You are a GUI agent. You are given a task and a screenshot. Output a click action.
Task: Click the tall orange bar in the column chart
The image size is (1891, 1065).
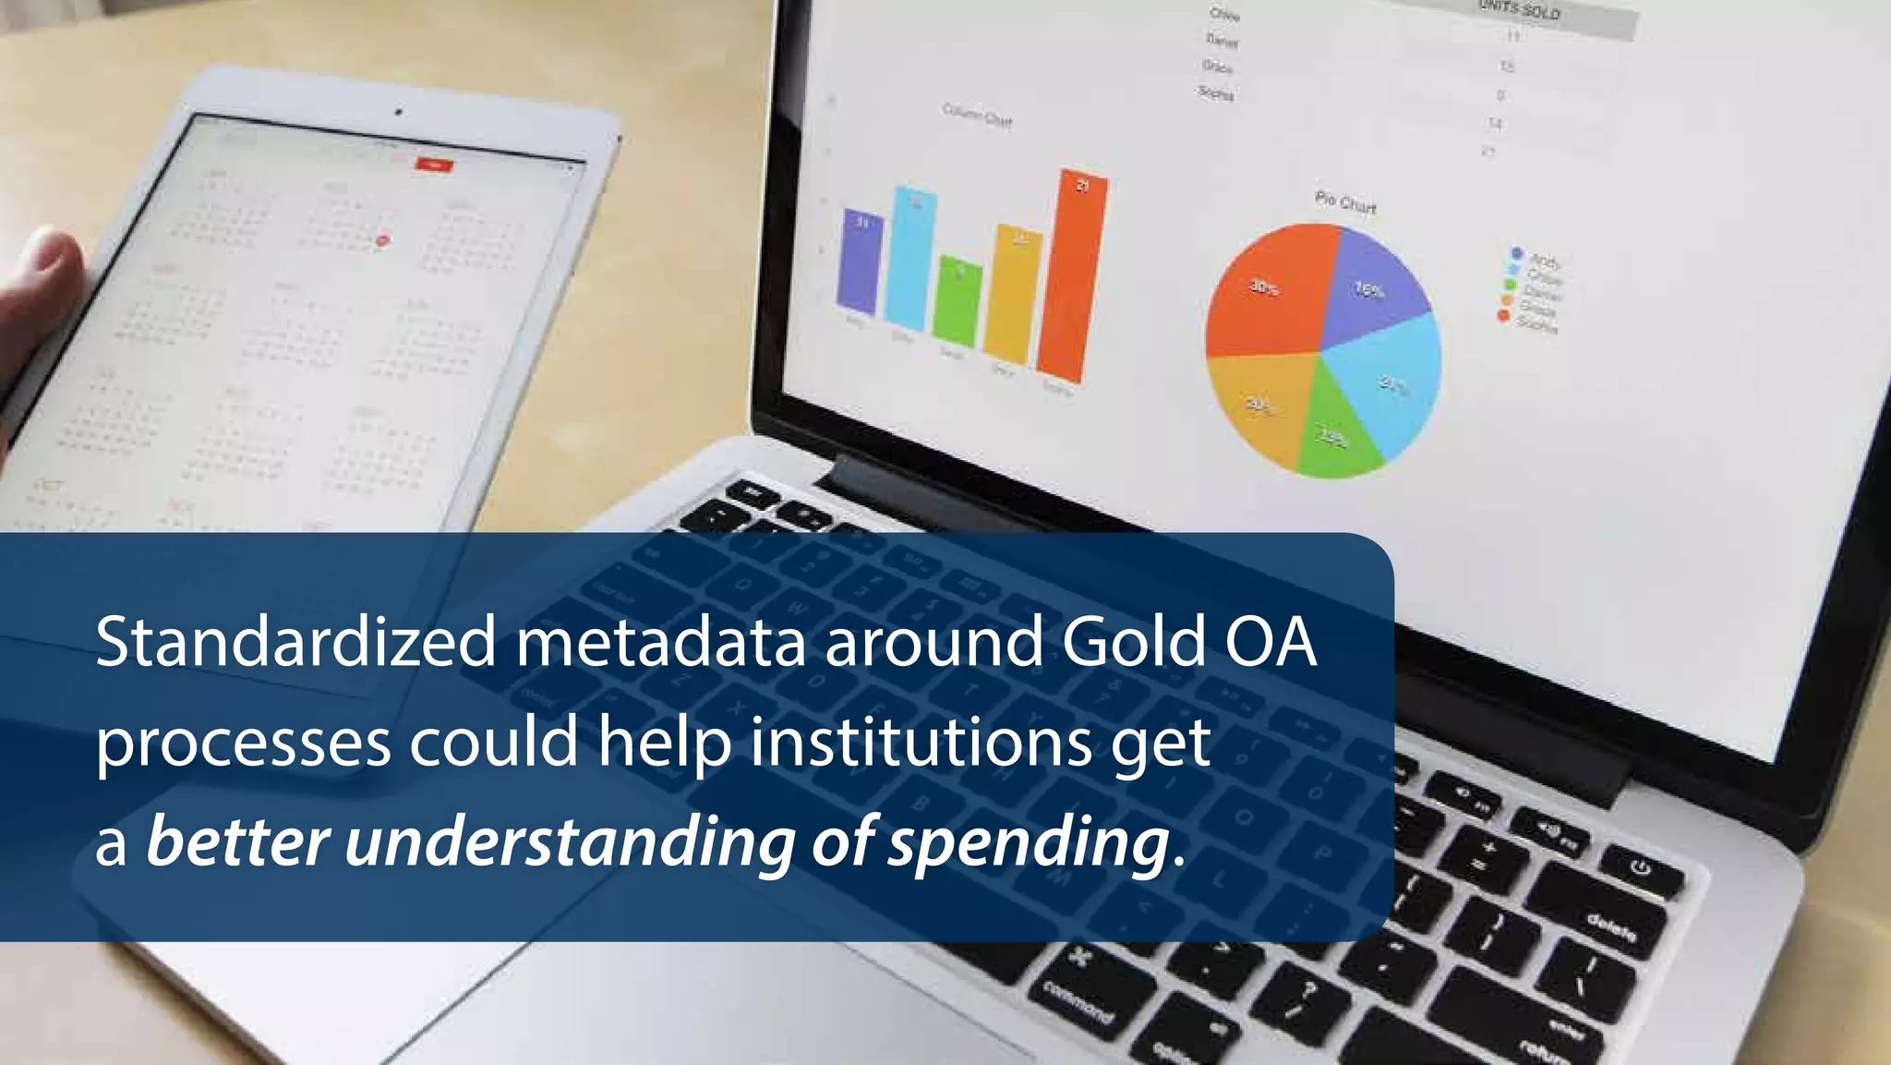(x=1071, y=277)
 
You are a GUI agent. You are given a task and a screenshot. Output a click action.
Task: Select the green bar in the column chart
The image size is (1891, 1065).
(x=958, y=301)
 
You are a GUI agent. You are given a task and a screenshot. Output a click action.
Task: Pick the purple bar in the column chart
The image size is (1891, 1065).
(x=860, y=263)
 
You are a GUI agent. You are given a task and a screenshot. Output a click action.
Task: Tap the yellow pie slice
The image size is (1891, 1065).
(x=1260, y=402)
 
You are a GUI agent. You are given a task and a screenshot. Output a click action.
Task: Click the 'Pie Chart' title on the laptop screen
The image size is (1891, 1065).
(x=1345, y=202)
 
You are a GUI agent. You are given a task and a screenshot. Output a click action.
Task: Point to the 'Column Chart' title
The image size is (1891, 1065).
(x=977, y=116)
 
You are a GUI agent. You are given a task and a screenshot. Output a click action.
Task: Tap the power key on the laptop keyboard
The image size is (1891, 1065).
(x=1640, y=869)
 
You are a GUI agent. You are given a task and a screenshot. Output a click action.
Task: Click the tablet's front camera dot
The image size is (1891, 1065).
(x=399, y=112)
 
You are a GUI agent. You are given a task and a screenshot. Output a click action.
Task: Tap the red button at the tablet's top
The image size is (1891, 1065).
(x=434, y=165)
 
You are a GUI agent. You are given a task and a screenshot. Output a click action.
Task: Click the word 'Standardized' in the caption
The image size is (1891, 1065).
(x=295, y=642)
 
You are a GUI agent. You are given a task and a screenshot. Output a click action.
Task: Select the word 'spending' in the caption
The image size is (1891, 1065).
(x=1029, y=842)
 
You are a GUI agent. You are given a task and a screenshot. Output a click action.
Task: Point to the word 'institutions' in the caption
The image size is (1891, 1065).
(x=921, y=743)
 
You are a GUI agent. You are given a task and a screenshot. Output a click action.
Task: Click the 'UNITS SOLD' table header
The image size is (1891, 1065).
(x=1519, y=11)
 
